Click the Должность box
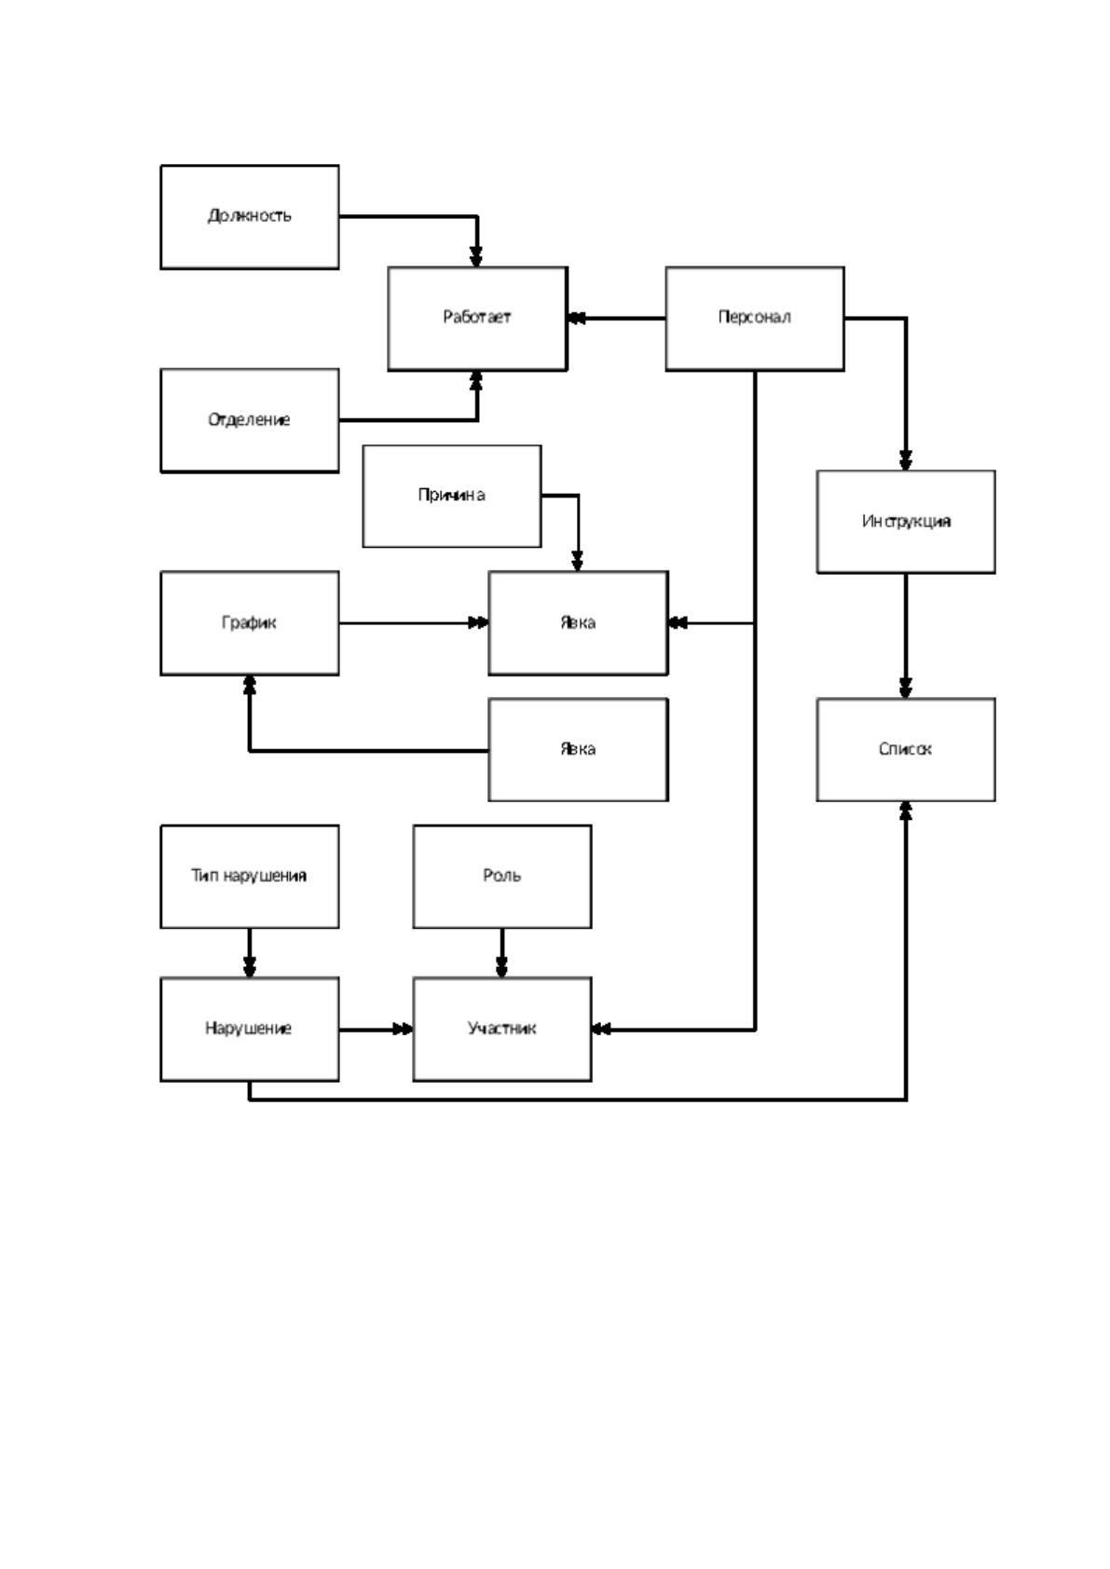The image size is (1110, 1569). (250, 217)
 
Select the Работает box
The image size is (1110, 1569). (477, 319)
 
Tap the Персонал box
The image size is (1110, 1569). (755, 319)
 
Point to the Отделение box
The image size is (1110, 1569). (250, 420)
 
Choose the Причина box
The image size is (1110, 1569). (452, 496)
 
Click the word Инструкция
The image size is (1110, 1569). (906, 521)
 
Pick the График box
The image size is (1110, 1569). (250, 623)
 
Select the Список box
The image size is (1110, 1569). (906, 749)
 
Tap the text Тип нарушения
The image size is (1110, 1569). (249, 876)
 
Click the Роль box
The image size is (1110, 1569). (502, 876)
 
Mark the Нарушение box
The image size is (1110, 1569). (250, 1029)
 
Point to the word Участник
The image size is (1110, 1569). (501, 1029)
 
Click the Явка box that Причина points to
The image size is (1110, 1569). (578, 623)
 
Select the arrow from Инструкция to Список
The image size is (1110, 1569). (905, 636)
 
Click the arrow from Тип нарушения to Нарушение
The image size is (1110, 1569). (250, 952)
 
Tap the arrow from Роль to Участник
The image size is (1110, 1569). (501, 952)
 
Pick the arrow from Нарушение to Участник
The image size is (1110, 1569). (377, 1029)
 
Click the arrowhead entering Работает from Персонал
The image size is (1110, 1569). (576, 319)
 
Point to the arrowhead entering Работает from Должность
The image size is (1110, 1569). (476, 257)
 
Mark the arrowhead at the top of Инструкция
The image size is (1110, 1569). (905, 460)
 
